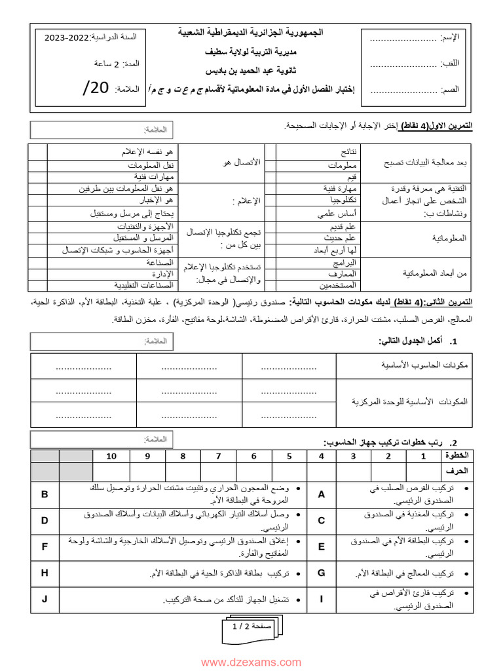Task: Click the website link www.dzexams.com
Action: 251,662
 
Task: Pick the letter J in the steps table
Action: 45,599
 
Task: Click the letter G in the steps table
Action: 322,573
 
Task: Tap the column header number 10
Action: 111,456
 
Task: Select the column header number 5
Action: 288,456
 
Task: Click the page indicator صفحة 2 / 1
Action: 252,627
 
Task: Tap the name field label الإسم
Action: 451,39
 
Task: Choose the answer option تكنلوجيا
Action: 344,199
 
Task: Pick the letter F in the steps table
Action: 45,546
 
